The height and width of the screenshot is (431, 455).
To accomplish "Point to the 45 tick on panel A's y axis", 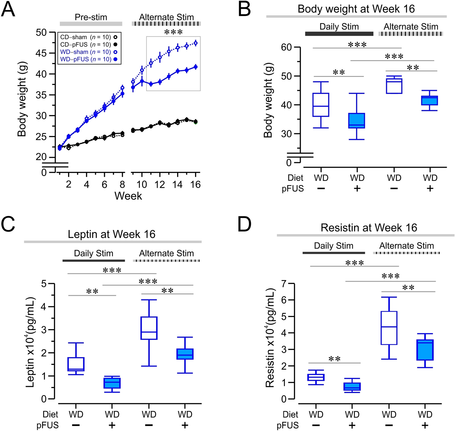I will (41, 53).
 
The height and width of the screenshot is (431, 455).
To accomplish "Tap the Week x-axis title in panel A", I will (128, 196).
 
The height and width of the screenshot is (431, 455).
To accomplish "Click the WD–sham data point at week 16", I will (196, 43).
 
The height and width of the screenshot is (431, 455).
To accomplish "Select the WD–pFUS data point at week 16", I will (196, 67).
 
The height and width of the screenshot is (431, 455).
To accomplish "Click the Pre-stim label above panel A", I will (91, 17).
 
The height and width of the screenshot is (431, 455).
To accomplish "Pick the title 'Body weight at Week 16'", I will (356, 9).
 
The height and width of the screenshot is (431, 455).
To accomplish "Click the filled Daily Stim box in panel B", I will (357, 121).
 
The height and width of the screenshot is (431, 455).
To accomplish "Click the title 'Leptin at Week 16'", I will (112, 234).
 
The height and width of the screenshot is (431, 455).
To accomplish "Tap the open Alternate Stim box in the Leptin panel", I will (149, 328).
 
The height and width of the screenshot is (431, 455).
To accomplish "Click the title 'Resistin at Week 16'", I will (369, 228).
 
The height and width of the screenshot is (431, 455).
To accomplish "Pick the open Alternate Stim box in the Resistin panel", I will (389, 328).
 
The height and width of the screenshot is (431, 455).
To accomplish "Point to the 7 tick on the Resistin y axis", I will (284, 283).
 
